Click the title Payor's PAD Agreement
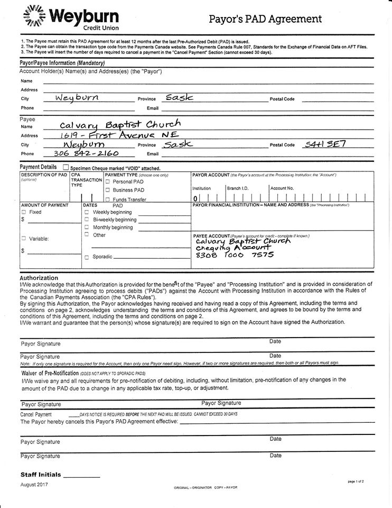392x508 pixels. (265, 20)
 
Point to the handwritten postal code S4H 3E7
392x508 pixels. (324, 144)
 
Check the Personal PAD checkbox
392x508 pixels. (108, 182)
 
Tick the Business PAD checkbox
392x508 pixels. (108, 190)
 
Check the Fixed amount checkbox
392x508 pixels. (23, 212)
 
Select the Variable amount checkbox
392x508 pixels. (23, 238)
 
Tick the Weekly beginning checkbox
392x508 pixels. (87, 212)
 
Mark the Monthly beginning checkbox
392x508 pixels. (87, 227)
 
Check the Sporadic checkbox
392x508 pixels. (87, 257)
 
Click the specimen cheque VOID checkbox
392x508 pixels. (66, 167)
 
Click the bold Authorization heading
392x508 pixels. (39, 277)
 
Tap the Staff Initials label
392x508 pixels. (41, 475)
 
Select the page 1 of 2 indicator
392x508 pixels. (356, 482)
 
